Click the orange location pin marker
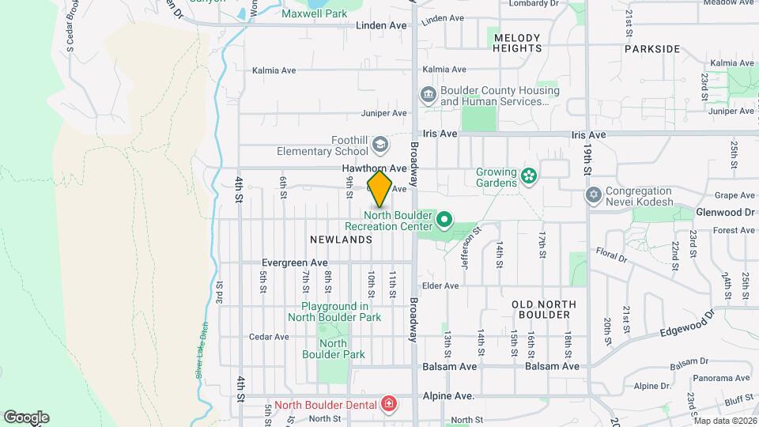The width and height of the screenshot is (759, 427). coord(379,189)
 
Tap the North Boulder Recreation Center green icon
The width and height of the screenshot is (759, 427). coord(444,219)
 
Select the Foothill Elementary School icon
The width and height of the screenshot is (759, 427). coord(379,144)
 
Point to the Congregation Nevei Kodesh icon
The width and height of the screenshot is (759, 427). coord(593,194)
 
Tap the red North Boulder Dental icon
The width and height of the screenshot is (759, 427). coord(388,405)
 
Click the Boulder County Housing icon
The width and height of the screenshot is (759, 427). coord(428,95)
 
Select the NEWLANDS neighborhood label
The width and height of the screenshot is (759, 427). coord(342,239)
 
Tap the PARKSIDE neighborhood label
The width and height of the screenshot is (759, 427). coord(651,48)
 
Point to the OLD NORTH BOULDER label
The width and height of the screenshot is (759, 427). coord(541,309)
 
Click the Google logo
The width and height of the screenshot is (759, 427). coord(26,417)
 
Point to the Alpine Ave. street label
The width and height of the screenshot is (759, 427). coord(447,395)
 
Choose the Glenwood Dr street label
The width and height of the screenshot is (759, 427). coord(725,212)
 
